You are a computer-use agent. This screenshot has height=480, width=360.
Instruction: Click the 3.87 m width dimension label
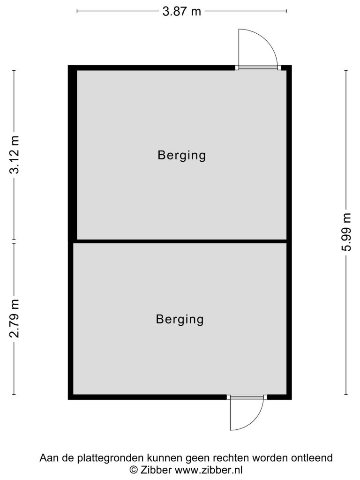pos(181,12)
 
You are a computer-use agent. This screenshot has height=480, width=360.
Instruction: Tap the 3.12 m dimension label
pos(15,155)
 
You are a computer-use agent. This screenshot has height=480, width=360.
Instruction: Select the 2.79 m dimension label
pos(15,318)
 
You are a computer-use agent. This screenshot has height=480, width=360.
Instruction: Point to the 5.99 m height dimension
pos(346,232)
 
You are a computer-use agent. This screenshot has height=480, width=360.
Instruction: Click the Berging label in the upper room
pos(181,155)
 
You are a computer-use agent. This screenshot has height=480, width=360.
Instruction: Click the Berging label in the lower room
pos(180,319)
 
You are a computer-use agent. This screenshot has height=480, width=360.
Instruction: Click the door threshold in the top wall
pos(258,67)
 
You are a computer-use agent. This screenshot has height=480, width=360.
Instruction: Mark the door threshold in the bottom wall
pos(247,397)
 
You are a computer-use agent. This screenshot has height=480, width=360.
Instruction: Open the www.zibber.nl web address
pos(209,469)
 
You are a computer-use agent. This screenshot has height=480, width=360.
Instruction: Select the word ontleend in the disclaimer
pos(312,458)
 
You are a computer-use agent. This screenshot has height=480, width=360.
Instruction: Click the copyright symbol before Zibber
pos(134,470)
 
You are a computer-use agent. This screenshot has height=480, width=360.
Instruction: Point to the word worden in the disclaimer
pos(270,458)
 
